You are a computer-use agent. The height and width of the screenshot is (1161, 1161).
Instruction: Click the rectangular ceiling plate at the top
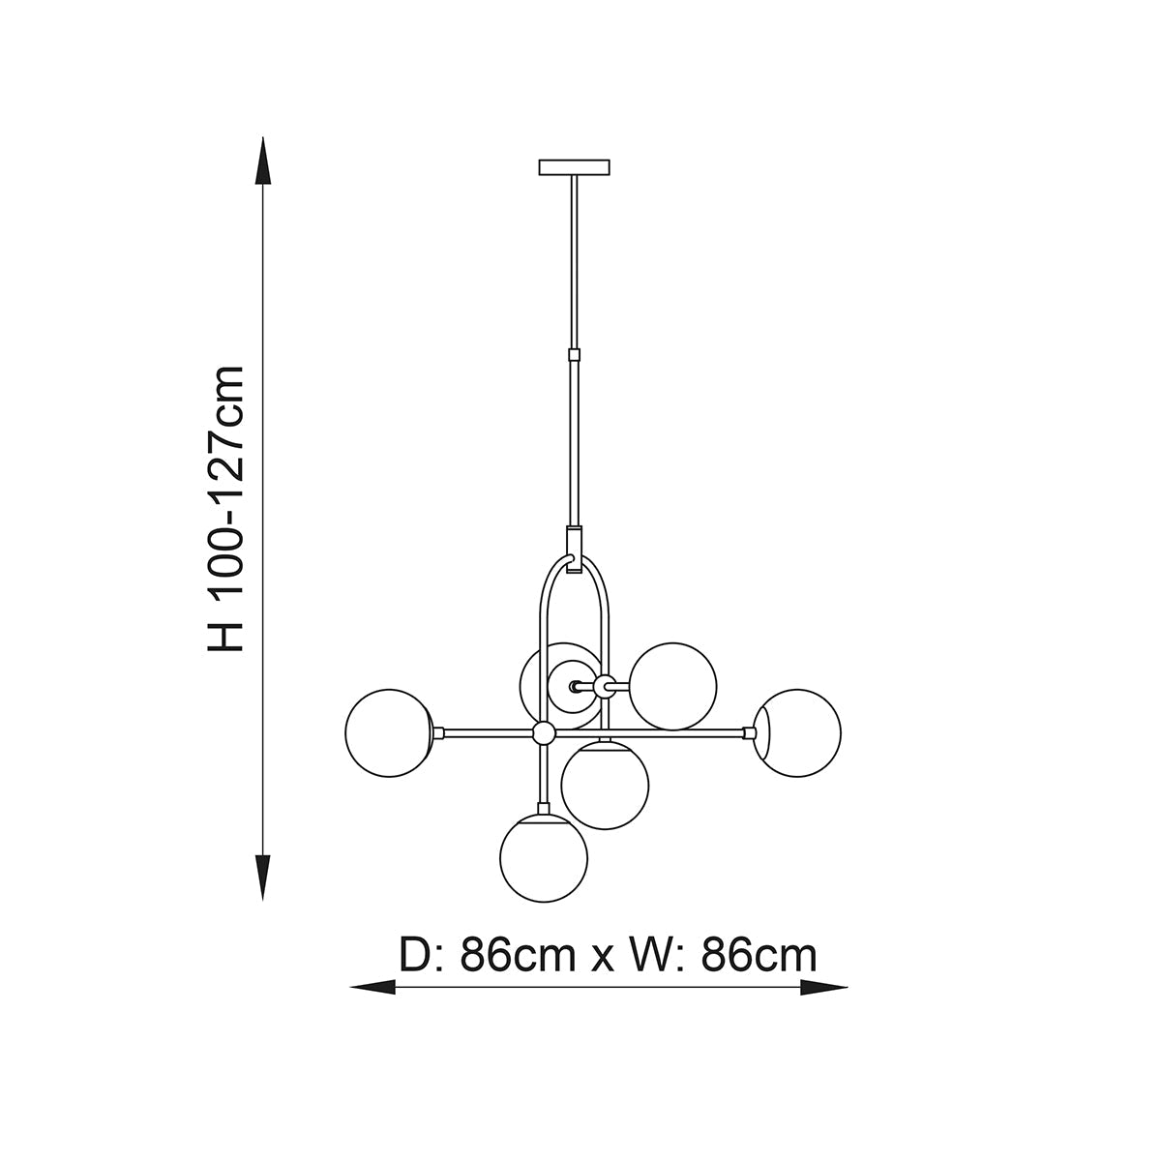pos(574,166)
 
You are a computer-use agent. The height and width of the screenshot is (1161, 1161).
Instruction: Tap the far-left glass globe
pos(389,732)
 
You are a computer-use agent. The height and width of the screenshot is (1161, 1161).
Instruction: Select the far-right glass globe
pos(797,732)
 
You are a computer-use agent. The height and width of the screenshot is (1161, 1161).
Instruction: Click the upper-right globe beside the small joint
pos(673,686)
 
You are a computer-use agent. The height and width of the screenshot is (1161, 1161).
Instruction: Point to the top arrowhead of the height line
pos(263,161)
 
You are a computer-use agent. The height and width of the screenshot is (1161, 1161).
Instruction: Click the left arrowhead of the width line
pos(372,987)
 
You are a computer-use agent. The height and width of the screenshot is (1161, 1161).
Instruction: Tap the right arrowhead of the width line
pos(823,987)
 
